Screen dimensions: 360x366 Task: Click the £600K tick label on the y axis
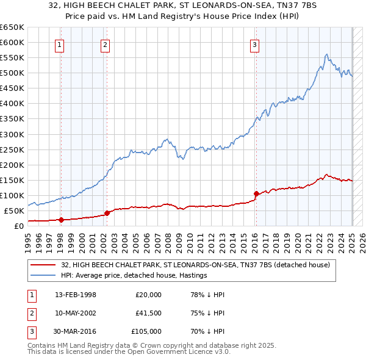12,42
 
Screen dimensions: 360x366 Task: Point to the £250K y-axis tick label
12,149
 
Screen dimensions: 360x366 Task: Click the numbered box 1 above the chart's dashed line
60,44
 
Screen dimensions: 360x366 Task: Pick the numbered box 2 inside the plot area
105,44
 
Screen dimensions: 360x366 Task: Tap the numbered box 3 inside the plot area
254,44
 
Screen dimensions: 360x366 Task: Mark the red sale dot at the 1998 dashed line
61,220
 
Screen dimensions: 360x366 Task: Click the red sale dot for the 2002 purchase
107,213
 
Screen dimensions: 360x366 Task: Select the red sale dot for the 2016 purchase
256,193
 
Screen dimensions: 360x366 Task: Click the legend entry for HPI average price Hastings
134,275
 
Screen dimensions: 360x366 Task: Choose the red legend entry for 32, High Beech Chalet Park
195,265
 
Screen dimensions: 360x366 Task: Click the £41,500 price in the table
149,313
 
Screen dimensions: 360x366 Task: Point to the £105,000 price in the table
147,331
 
